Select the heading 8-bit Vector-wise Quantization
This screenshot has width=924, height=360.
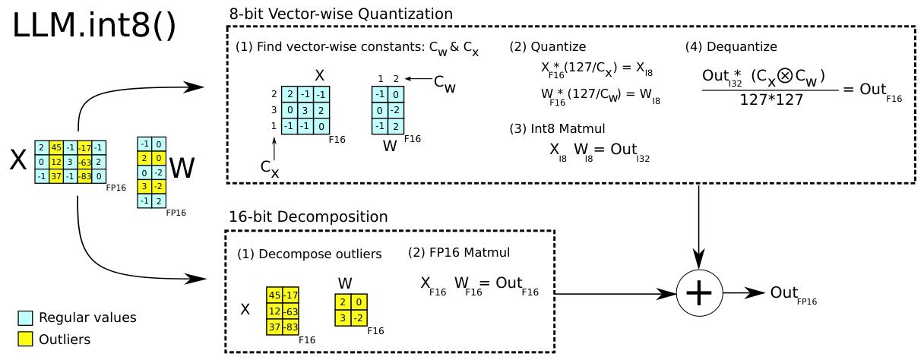pos(341,14)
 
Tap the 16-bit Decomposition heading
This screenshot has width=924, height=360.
pos(309,216)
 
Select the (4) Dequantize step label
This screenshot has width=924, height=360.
pos(730,46)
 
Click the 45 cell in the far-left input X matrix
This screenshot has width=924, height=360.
pos(55,147)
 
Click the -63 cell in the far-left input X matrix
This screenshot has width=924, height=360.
pos(84,161)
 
